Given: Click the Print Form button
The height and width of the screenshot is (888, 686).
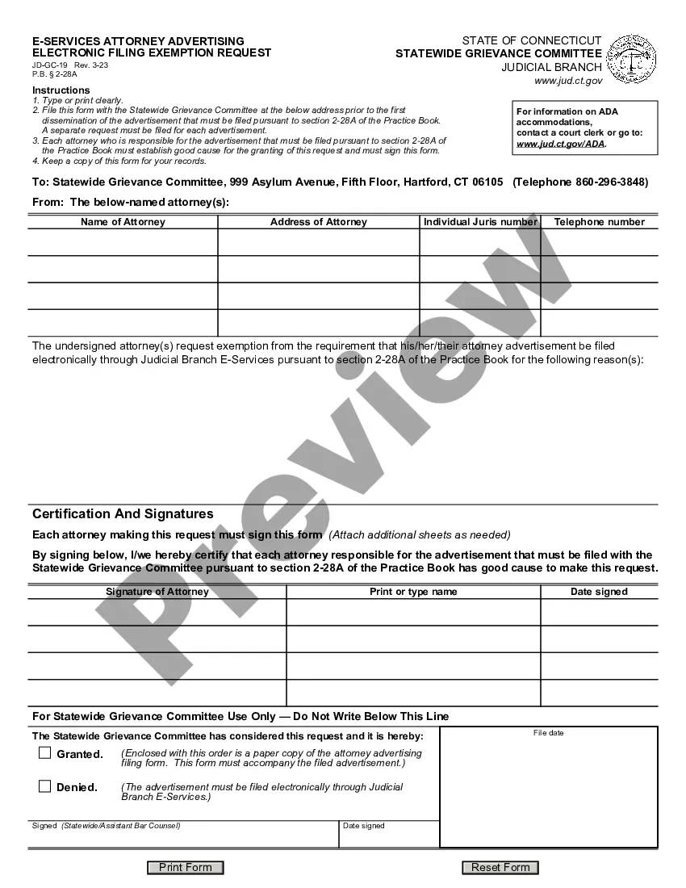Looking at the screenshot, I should pos(185,868).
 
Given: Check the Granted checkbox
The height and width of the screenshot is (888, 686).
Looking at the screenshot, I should pos(45,753).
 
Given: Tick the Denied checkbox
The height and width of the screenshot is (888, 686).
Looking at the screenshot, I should pos(45,786).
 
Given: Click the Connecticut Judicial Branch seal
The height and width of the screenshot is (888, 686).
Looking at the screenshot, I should pos(631,59).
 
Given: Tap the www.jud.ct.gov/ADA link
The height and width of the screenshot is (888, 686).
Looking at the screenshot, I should pos(560,144).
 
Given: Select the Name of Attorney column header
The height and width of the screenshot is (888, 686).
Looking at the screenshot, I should pos(123,222).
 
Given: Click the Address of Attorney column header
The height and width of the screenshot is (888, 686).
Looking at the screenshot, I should pos(318,222).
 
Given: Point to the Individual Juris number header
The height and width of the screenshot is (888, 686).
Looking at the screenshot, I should pos(480,222).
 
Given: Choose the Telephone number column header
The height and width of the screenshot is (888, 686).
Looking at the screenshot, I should pos(599,222).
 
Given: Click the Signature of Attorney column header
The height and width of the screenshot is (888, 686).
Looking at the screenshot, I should pos(157,592).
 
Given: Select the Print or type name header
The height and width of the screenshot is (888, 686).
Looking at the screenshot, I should pos(412,592).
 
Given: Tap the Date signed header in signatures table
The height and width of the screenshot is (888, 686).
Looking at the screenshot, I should pos(599,592).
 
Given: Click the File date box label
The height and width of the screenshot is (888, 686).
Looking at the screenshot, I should pos(548,733).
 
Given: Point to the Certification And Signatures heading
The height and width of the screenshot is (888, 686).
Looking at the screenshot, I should pos(123,513).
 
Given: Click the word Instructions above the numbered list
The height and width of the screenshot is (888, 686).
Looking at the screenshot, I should pos(61,90).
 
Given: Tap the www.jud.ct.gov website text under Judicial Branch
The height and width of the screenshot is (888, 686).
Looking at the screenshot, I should pos(568,81).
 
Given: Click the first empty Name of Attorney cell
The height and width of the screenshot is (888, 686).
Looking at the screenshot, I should pos(123,242).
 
